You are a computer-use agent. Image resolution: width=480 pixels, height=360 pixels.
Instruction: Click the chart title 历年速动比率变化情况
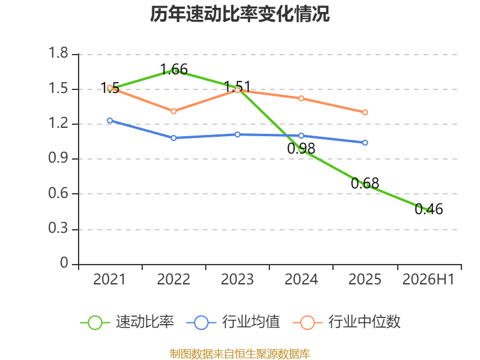pos(239,14)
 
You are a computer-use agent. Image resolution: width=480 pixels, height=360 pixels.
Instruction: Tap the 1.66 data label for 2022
pos(173,70)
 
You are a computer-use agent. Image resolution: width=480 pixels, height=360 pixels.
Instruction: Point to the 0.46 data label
pos(428,209)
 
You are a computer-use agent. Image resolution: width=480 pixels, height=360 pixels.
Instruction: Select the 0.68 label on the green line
pos(365,184)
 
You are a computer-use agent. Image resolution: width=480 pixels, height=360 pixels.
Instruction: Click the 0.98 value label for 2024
pos(301,148)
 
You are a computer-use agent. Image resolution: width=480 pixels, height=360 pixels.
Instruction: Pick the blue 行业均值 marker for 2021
pos(110,121)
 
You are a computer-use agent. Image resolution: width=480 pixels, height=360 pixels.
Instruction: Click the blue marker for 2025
pos(365,143)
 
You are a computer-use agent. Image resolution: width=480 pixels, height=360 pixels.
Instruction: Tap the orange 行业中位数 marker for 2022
pos(173,111)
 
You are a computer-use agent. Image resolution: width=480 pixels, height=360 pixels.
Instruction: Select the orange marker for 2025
pos(365,112)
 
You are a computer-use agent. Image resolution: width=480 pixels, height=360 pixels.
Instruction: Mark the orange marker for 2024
pos(301,98)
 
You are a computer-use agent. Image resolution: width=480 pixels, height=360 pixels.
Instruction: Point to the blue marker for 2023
pos(238,134)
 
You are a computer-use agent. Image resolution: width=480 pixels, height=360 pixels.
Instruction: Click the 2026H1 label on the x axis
pos(428,280)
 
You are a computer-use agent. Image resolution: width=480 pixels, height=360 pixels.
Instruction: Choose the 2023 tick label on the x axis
pos(237,280)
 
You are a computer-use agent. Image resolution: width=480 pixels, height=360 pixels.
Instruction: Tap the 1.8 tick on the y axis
pos(58,53)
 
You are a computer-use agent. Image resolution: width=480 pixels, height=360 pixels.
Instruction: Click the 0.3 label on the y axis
pos(58,229)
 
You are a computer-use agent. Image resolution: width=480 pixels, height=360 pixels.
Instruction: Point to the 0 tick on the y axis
pos(64,263)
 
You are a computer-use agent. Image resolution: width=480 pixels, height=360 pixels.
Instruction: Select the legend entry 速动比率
pos(127,322)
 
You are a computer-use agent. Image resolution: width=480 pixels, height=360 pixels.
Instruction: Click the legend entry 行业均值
pos(233,322)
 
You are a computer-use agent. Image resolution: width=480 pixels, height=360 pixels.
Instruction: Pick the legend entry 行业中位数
pos(347,322)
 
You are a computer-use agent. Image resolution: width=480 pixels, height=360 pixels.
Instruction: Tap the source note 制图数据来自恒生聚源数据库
pos(240,354)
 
